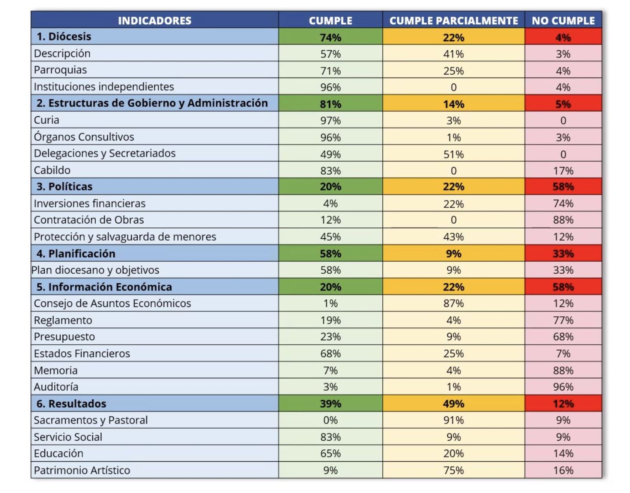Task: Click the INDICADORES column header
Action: click(x=154, y=20)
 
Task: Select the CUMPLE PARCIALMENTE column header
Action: click(x=453, y=20)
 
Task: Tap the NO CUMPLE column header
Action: click(x=563, y=20)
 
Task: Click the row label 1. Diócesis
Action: click(x=64, y=37)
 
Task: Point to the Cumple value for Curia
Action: click(x=330, y=120)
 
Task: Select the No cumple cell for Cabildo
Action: click(x=563, y=171)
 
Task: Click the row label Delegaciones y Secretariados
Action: click(x=105, y=153)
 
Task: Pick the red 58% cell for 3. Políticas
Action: click(x=563, y=186)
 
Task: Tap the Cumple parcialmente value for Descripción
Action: click(x=453, y=54)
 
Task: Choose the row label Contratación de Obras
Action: click(x=89, y=220)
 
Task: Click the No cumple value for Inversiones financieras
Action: click(x=563, y=203)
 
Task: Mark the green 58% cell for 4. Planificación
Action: click(x=330, y=254)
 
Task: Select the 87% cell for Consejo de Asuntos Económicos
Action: click(x=453, y=303)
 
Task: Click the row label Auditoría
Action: click(x=56, y=387)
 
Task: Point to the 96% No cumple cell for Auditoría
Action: click(x=563, y=387)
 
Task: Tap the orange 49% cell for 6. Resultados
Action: click(x=453, y=404)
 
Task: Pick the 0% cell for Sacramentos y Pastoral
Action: click(x=330, y=420)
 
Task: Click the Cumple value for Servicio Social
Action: click(x=330, y=437)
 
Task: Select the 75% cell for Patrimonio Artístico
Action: click(x=453, y=470)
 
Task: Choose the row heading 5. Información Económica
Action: click(x=104, y=287)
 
